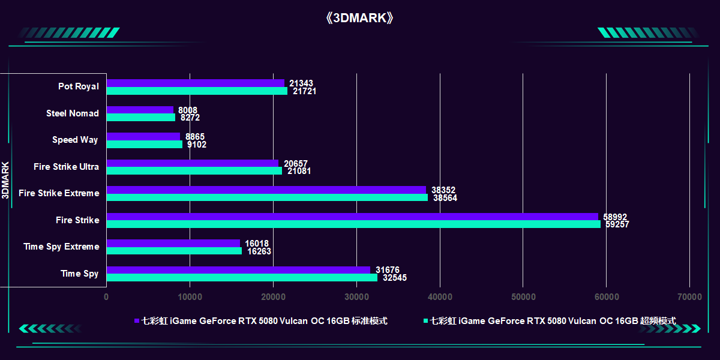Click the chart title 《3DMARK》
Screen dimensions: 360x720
pos(360,17)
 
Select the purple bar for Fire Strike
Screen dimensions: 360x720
pos(352,217)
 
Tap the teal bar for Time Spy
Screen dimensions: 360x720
pos(242,278)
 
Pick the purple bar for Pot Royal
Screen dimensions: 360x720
pos(195,83)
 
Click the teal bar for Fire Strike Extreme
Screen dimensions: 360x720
pos(267,197)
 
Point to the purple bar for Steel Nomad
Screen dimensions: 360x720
pos(140,110)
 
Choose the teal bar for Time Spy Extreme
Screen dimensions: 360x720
pos(174,251)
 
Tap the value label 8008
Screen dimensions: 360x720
pos(188,110)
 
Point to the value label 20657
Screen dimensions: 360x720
pos(296,164)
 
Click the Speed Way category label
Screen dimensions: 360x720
pos(75,140)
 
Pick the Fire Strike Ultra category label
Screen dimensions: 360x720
pos(67,167)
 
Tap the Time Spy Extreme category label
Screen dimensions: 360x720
pos(61,247)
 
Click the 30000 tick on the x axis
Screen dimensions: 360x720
pos(356,296)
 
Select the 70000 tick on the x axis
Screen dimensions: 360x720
pos(689,296)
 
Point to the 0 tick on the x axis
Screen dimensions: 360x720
pos(106,296)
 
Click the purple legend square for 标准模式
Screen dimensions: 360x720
pos(137,321)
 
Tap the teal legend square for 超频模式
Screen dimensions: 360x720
pos(425,321)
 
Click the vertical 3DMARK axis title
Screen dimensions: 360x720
pos(5,180)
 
